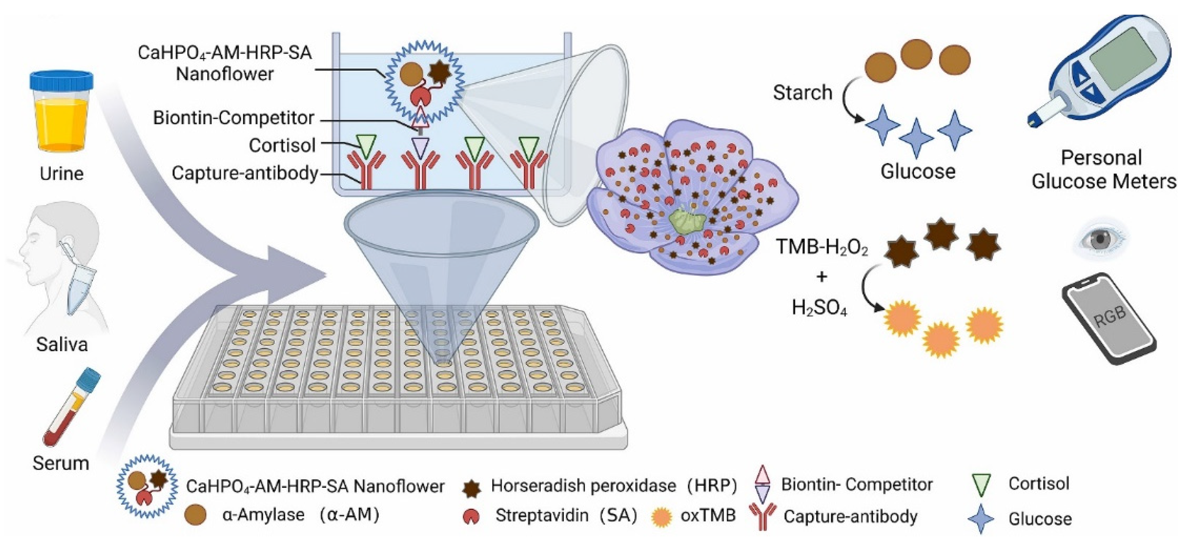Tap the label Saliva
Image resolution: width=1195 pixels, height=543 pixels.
click(x=62, y=344)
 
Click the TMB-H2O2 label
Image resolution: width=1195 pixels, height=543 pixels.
click(x=822, y=247)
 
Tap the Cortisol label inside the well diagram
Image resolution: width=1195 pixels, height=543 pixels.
click(x=282, y=145)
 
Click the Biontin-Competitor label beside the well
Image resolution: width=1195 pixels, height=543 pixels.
click(x=234, y=118)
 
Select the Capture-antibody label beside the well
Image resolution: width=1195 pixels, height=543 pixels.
click(x=245, y=173)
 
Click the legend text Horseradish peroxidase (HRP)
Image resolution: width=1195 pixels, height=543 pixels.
click(x=614, y=485)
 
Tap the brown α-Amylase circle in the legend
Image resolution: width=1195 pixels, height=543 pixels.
click(x=195, y=515)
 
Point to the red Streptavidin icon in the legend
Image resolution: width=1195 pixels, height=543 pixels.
click(x=472, y=516)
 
